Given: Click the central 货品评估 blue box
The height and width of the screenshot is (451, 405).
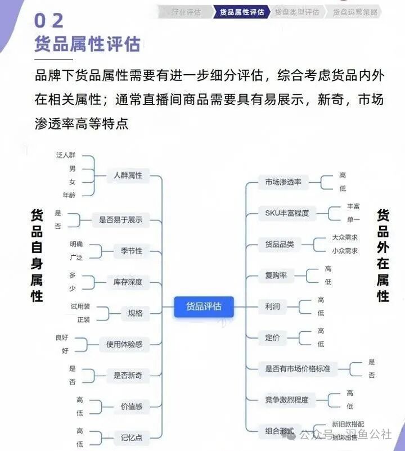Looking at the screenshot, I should [204, 306].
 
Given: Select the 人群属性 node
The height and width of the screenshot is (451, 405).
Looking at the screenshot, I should [127, 175].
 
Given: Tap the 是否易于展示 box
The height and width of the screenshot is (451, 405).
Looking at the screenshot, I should [120, 220].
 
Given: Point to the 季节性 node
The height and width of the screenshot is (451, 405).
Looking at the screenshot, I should [131, 251].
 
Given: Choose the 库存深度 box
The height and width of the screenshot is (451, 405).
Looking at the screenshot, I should [127, 282].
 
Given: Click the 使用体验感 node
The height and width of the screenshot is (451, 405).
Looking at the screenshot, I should [124, 344].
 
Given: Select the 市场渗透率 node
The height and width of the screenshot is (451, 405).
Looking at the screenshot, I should [283, 182].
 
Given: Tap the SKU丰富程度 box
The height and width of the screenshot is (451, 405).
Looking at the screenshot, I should [287, 213].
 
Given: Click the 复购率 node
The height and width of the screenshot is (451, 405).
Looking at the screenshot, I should [276, 275].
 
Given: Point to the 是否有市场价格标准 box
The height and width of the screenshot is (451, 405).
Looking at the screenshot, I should [298, 369].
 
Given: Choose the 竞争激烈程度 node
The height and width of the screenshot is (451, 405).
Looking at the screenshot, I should [287, 400].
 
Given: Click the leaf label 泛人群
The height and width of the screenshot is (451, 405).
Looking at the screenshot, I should [66, 155].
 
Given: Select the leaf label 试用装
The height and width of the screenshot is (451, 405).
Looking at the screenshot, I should [80, 306].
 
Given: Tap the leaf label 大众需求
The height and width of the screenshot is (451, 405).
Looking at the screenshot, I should [344, 237].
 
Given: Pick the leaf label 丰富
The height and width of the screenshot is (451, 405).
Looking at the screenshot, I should [353, 206].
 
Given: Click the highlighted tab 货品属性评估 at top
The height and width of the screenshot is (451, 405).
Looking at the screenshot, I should [242, 12].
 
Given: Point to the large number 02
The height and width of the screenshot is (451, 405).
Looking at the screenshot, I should [49, 21].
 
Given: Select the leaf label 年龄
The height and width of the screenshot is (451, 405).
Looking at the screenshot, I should [69, 195].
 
